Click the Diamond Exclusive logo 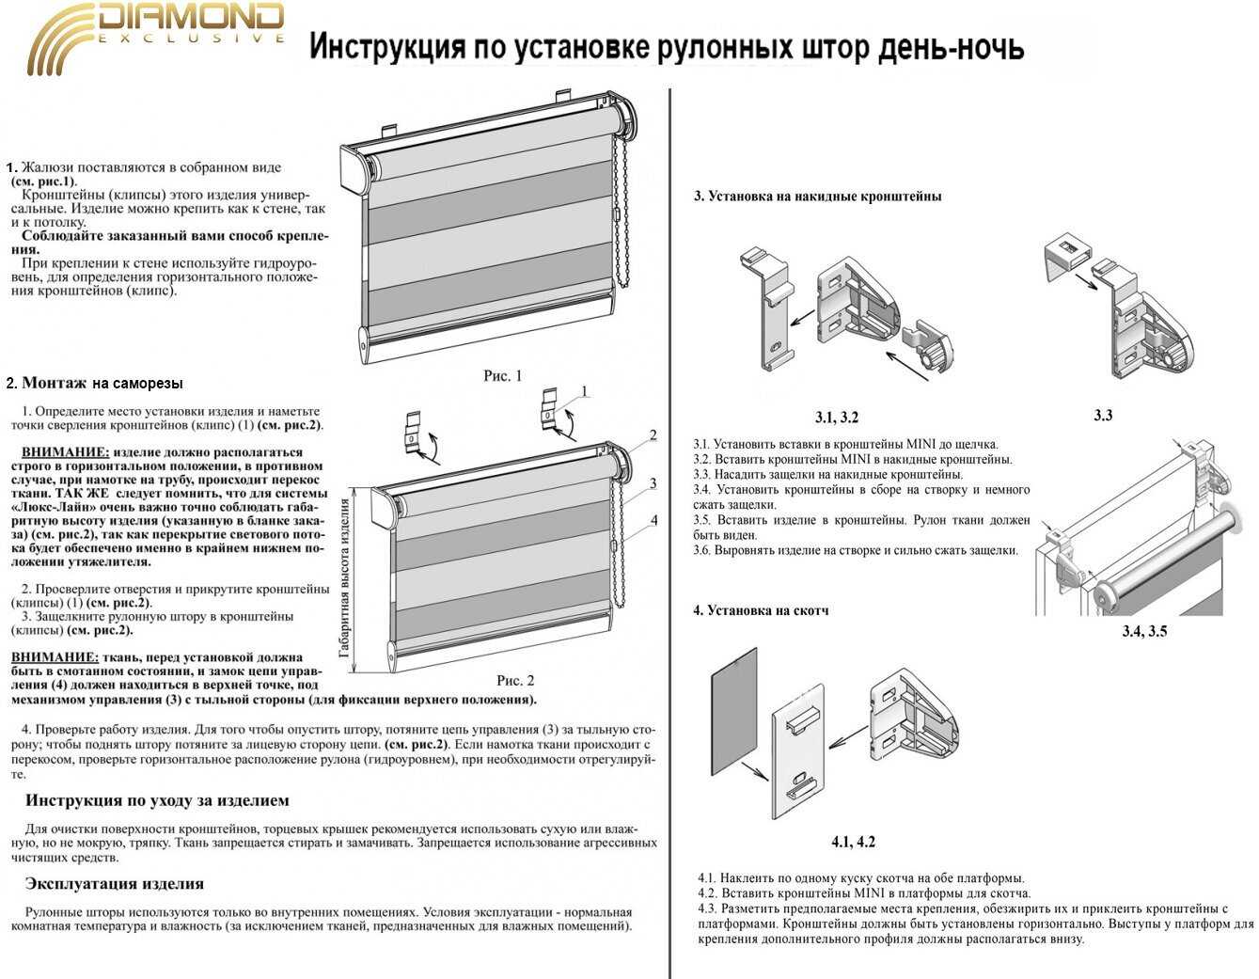155,38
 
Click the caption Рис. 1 502,376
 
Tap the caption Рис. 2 514,681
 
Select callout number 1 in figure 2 584,391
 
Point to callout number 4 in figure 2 653,520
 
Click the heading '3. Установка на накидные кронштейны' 817,197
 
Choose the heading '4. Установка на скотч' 761,610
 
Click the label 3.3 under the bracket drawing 1102,415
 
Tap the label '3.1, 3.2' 836,418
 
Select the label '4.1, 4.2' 853,842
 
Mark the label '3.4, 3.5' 1143,631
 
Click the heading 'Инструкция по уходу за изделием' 157,801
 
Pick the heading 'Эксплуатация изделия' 115,884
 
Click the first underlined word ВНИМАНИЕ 65,452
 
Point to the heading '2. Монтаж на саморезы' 94,384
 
